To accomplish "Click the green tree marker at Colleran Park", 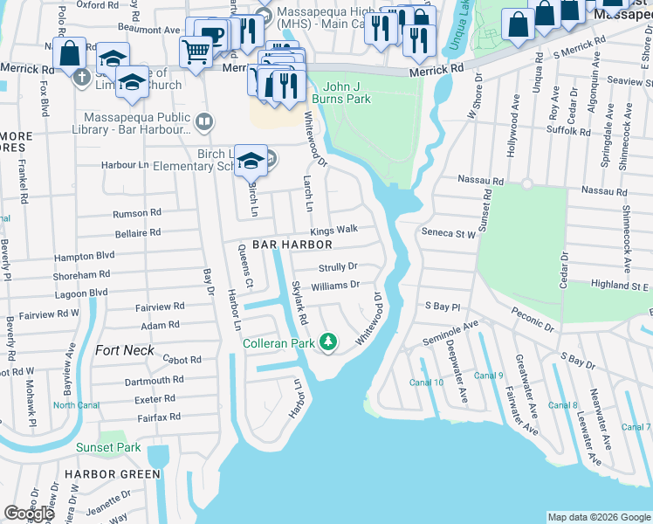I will coord(328,341).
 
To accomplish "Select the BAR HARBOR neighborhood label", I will coord(292,245).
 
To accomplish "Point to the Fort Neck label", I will coord(125,350).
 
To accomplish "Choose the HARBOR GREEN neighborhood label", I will coord(112,474).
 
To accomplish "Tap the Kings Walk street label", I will coord(334,229).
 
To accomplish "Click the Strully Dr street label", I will coord(338,266).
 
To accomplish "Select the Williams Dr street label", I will coord(335,285).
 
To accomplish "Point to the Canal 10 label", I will coord(427,383).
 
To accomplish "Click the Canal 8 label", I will coord(562,404).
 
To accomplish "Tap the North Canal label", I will coord(76,404).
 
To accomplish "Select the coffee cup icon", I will coord(212,33).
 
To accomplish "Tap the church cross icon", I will coord(81,76).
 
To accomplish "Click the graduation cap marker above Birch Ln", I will coord(251,160).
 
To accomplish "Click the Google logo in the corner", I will coord(29,514).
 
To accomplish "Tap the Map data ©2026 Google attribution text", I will coord(598,517).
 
